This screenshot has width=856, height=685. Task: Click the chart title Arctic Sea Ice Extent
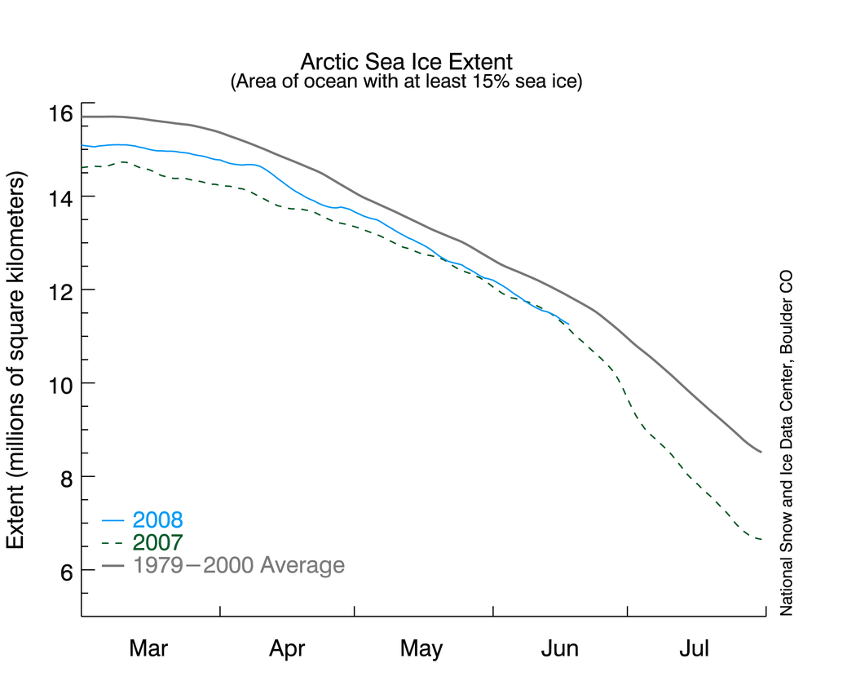point(406,62)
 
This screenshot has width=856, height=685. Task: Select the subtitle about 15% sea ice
point(406,82)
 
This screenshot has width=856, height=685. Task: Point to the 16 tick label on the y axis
point(60,113)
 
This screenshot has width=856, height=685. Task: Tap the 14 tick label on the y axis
point(60,197)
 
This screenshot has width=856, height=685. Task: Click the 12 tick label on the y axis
point(60,290)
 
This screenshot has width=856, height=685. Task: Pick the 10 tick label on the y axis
point(60,383)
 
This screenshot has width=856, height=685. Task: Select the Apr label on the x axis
point(287,649)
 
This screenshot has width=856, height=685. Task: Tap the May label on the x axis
point(421,649)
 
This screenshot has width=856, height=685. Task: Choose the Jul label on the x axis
point(695,649)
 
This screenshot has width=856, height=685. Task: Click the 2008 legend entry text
point(157,519)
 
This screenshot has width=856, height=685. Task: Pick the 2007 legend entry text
point(157,542)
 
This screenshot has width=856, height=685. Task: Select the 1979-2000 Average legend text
point(238,565)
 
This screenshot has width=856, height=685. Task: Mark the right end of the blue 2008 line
point(568,323)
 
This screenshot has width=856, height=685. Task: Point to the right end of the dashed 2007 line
point(761,539)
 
